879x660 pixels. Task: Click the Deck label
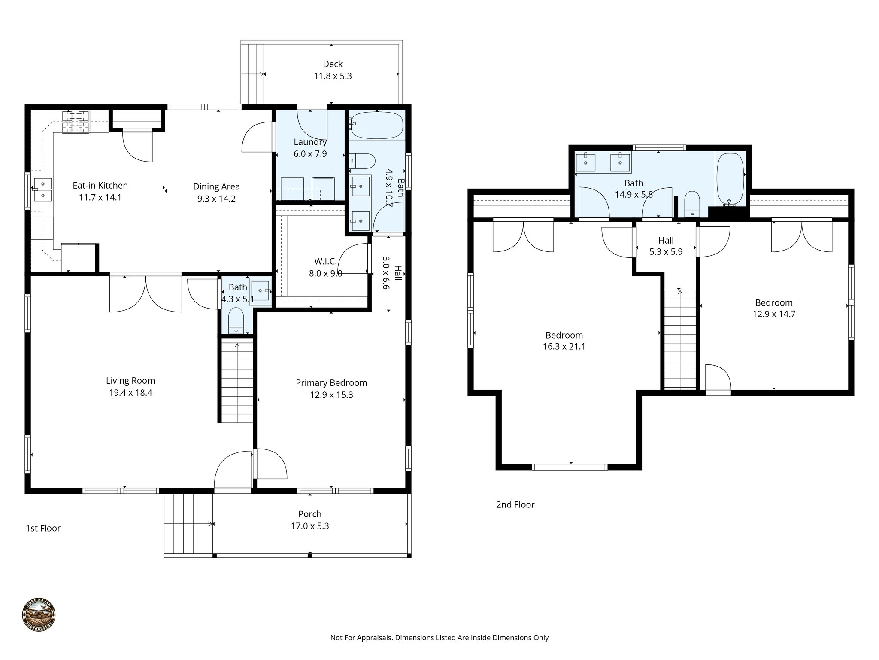point(333,64)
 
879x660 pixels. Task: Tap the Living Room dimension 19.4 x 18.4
point(130,392)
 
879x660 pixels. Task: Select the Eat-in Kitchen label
point(100,186)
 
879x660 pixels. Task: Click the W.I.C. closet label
point(325,261)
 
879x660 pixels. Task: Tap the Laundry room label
point(310,142)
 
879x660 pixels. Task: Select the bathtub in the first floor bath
point(376,125)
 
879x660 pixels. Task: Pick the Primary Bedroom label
point(331,383)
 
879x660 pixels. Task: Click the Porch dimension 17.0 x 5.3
point(310,526)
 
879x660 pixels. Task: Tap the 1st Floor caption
point(43,528)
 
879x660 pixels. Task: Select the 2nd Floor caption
point(515,504)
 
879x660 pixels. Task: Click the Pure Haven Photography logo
point(39,615)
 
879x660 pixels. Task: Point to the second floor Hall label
point(666,240)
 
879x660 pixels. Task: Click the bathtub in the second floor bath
point(730,178)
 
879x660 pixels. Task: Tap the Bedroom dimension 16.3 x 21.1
point(564,346)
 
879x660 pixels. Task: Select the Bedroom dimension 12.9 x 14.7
point(774,314)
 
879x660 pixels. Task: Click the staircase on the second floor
point(680,339)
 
